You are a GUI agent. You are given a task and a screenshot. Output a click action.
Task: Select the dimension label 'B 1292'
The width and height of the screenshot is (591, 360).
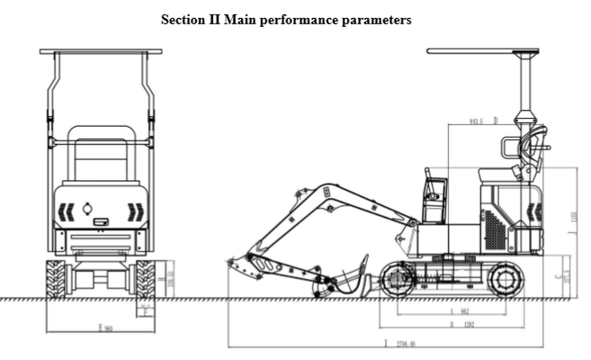[462, 324]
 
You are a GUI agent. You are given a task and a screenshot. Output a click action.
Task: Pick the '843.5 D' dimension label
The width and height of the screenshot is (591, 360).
[483, 120]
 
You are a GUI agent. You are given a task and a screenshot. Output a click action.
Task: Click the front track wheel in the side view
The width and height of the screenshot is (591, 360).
[397, 278]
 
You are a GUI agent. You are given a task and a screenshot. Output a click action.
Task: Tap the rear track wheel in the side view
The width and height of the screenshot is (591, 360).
[505, 279]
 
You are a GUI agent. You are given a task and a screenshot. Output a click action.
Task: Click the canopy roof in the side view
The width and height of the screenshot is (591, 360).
[482, 51]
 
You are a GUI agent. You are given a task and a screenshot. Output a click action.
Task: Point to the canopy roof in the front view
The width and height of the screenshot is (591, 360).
[101, 52]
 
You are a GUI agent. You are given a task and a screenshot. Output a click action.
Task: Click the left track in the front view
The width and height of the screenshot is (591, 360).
[55, 278]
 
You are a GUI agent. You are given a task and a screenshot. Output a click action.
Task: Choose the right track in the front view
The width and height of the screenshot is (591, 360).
[145, 278]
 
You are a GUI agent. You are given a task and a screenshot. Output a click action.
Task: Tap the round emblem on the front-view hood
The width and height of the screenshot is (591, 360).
[87, 209]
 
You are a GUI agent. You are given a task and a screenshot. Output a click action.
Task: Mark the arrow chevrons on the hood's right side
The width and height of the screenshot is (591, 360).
[134, 211]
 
